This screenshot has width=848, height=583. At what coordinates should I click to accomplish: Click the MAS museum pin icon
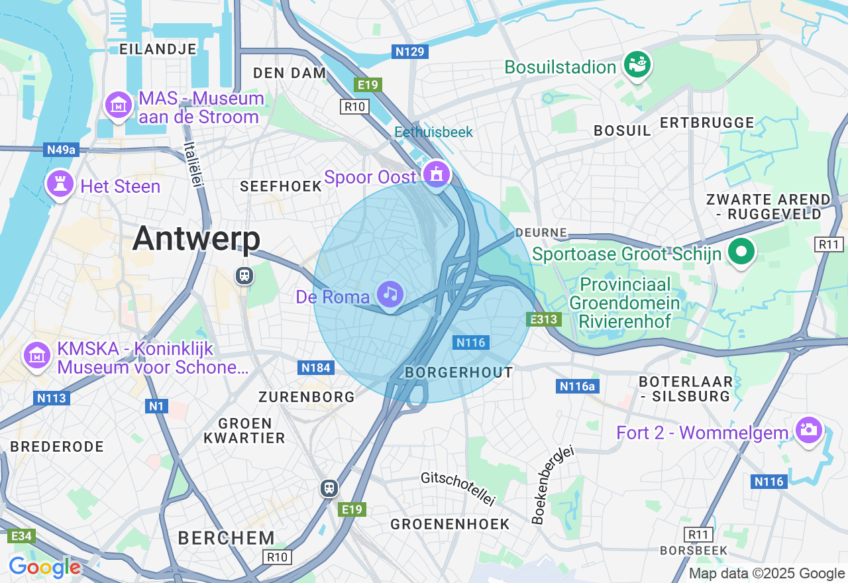pos(119,105)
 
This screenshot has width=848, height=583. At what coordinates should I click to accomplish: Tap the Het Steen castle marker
pos(59,184)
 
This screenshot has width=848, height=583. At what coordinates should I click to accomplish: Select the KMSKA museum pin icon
pos(37,356)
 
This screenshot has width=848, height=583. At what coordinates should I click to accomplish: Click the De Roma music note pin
pos(390,293)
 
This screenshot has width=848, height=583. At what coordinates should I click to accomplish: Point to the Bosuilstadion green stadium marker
pos(638,65)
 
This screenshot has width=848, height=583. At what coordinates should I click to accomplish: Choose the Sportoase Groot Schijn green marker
pos(741,252)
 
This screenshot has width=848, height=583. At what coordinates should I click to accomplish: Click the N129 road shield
pos(410,52)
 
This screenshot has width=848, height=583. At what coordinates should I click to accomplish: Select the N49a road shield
pos(62,150)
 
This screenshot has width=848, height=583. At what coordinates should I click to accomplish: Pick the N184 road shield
pos(316,368)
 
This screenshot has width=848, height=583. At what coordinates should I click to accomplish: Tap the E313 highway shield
pos(545,319)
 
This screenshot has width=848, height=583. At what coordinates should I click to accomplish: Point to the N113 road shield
pos(50,398)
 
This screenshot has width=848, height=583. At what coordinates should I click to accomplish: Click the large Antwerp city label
pos(196,238)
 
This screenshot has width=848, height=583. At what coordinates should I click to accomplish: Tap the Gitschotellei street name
pos(458,489)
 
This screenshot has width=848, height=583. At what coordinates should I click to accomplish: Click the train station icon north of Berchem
pos(329,488)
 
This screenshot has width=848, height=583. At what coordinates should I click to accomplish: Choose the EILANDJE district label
pos(158,49)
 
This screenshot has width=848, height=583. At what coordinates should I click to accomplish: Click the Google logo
pos(44,567)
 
